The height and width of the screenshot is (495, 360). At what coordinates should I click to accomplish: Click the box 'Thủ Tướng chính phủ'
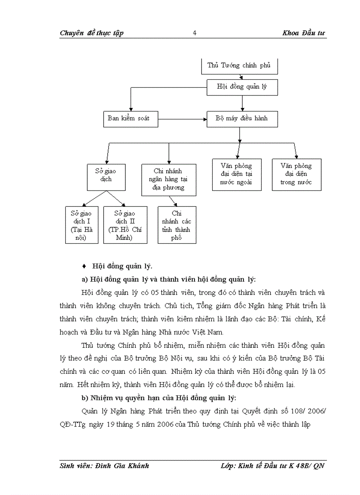[x=239, y=66]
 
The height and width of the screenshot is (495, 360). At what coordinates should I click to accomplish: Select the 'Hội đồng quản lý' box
[x=242, y=87]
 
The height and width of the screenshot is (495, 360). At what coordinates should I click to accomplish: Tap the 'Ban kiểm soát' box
[x=128, y=118]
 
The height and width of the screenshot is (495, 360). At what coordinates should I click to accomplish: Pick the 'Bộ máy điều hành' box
[x=242, y=118]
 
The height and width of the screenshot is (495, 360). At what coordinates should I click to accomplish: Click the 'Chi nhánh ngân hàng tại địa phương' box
[x=169, y=179]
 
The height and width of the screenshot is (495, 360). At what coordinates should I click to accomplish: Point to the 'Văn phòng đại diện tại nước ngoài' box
[x=237, y=174]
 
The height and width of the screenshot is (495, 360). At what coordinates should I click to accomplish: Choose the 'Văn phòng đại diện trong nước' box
[x=296, y=174]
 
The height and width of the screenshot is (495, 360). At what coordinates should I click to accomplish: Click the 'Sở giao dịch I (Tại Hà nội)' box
[x=82, y=225]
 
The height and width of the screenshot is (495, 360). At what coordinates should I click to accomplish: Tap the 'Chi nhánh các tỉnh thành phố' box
[x=177, y=225]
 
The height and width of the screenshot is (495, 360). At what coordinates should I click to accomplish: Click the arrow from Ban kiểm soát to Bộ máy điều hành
[x=183, y=118]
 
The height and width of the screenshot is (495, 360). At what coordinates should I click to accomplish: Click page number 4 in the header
[x=195, y=33]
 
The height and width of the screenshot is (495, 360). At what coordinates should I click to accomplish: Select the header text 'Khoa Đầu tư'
[x=304, y=33]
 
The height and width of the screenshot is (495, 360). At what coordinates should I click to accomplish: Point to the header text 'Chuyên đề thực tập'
[x=92, y=33]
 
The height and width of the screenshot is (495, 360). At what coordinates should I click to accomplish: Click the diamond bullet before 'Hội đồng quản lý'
[x=84, y=266]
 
